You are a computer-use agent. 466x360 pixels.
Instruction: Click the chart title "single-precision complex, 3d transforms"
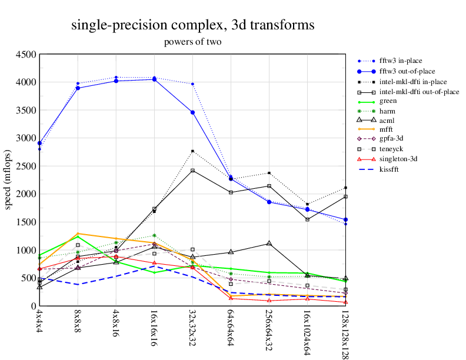pyautogui.click(x=192, y=25)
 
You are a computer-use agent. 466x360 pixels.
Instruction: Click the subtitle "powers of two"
pyautogui.click(x=192, y=42)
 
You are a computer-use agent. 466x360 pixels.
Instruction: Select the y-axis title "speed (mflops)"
pyautogui.click(x=9, y=180)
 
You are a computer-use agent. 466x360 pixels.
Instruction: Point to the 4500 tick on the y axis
pyautogui.click(x=26, y=54)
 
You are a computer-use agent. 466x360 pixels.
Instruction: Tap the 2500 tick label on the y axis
pyautogui.click(x=26, y=166)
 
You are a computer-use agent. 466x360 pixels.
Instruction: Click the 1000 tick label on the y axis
pyautogui.click(x=26, y=250)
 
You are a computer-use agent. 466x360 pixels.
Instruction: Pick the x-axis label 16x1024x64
pyautogui.click(x=307, y=331)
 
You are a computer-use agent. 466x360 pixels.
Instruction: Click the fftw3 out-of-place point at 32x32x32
pyautogui.click(x=192, y=112)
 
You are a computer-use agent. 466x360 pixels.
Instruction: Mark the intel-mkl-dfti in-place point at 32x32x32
pyautogui.click(x=192, y=151)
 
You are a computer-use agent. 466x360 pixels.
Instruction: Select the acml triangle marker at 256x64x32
pyautogui.click(x=269, y=244)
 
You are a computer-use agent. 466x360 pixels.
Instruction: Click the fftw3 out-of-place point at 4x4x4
pyautogui.click(x=39, y=143)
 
